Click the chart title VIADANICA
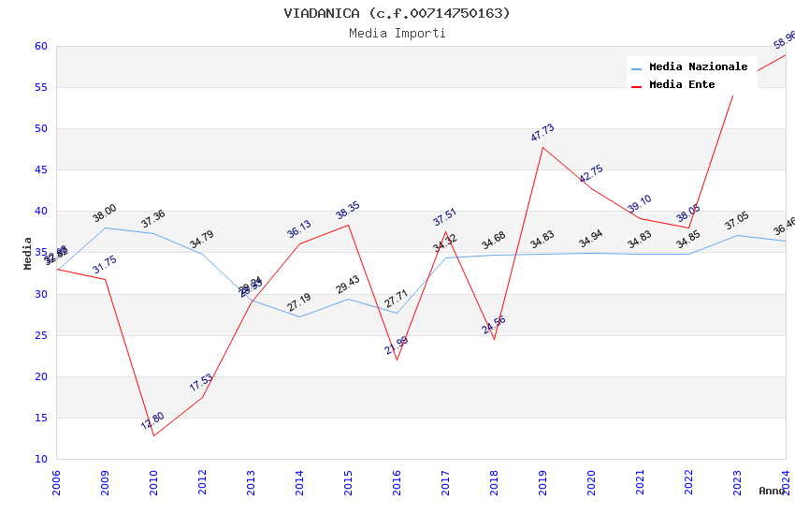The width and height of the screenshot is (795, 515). (397, 13)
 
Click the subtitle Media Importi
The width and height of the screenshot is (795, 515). (397, 33)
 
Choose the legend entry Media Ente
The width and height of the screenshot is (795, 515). (682, 84)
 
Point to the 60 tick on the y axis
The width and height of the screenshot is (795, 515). (40, 46)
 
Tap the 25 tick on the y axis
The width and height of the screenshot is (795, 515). (40, 335)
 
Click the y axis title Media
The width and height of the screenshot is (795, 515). (28, 253)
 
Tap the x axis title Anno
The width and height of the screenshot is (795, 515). (772, 491)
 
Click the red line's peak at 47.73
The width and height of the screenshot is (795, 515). (542, 147)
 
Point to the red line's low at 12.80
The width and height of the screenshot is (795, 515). (153, 435)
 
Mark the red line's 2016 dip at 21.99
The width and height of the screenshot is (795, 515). (397, 360)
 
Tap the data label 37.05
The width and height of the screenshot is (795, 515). (737, 221)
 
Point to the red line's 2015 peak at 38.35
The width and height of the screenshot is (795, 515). (348, 225)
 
